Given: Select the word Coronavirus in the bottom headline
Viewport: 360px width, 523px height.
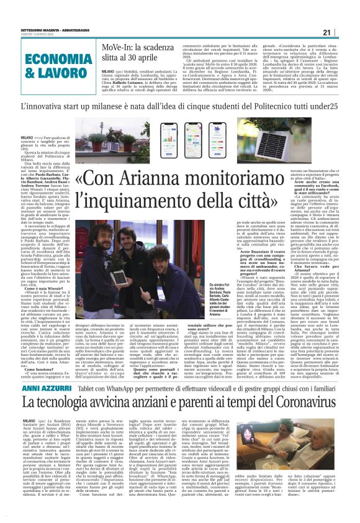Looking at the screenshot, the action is [x=292, y=385].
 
